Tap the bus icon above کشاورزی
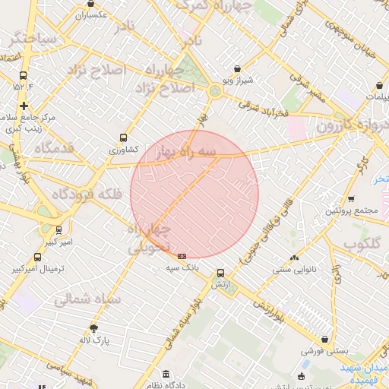click(x=123, y=138)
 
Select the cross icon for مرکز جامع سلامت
click(x=24, y=106)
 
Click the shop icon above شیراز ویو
click(x=239, y=68)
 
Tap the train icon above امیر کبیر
click(x=59, y=229)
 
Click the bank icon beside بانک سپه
click(x=182, y=256)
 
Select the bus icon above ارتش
click(x=220, y=273)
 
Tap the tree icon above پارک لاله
click(x=94, y=328)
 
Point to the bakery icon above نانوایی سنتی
click(x=294, y=258)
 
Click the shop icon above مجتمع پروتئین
click(x=351, y=199)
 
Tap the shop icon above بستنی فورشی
click(x=325, y=340)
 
